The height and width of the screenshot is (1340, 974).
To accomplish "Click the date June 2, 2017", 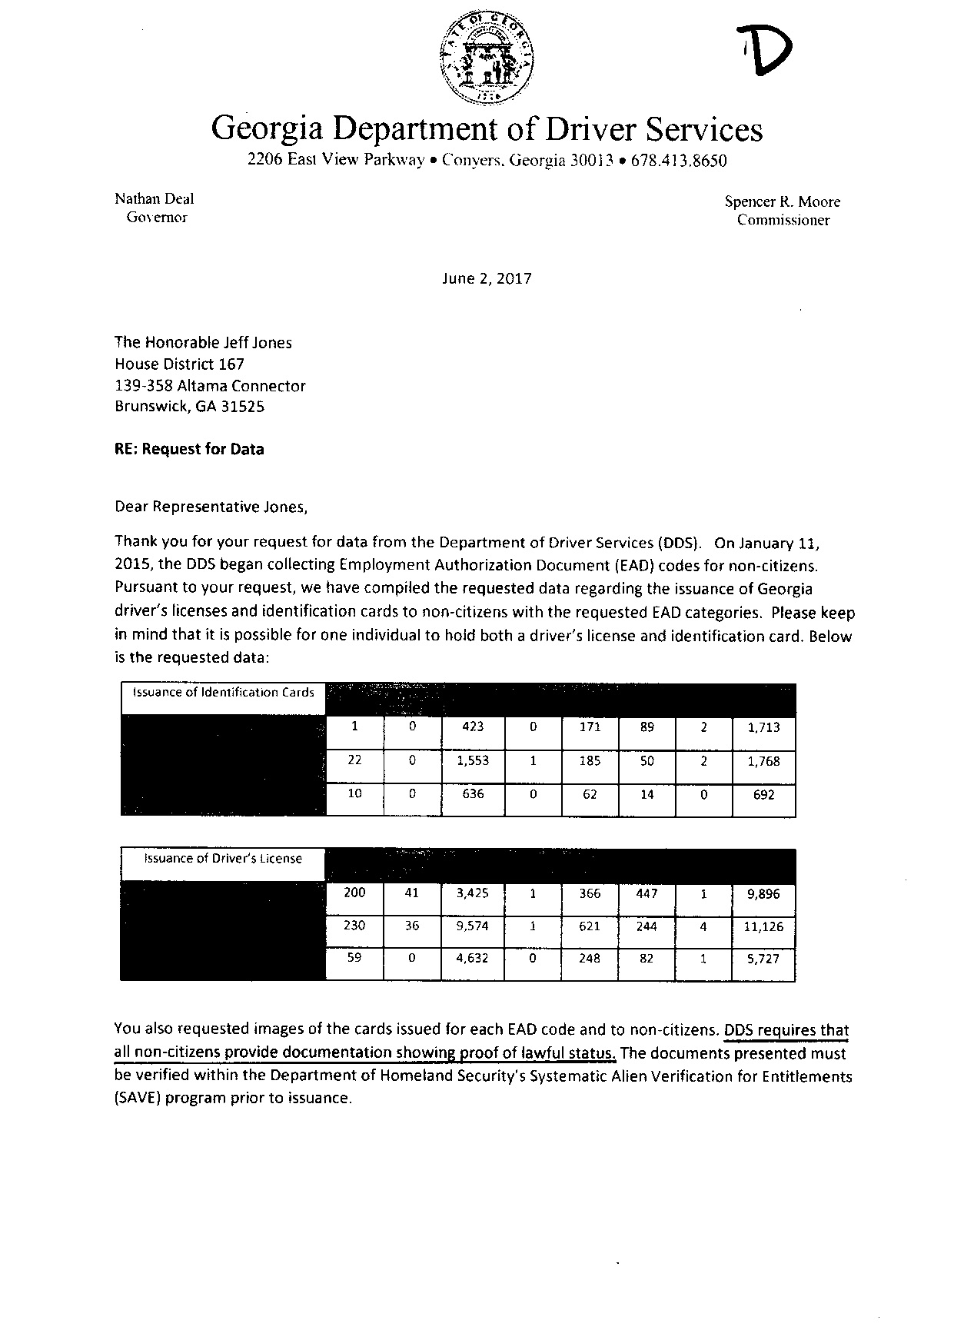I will click(x=487, y=278).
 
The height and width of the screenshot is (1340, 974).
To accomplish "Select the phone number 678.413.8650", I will click(x=678, y=161).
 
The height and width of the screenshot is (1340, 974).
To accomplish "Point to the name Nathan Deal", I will click(x=154, y=198).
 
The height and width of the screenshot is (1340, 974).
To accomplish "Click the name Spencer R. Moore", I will click(x=783, y=201).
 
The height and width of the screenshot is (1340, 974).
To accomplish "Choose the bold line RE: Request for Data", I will click(x=189, y=449).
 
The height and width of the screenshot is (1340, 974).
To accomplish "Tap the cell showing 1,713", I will click(x=763, y=727).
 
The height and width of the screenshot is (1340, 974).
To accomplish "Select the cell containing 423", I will click(x=473, y=727).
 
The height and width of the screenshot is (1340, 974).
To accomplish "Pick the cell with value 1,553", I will click(x=473, y=760).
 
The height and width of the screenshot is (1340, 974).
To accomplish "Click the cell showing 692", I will click(x=763, y=795).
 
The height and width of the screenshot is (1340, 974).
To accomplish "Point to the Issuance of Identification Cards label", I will click(x=224, y=692).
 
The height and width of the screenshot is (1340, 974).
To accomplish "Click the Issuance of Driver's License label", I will click(x=223, y=858).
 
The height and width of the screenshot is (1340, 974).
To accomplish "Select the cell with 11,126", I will click(x=763, y=926).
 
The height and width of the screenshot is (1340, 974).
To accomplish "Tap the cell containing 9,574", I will click(x=473, y=926).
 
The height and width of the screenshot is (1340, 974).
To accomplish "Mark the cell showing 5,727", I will click(x=763, y=959).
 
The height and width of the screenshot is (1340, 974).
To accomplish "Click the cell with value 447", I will click(x=647, y=893).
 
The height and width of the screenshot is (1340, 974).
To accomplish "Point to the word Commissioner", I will click(x=783, y=220).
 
